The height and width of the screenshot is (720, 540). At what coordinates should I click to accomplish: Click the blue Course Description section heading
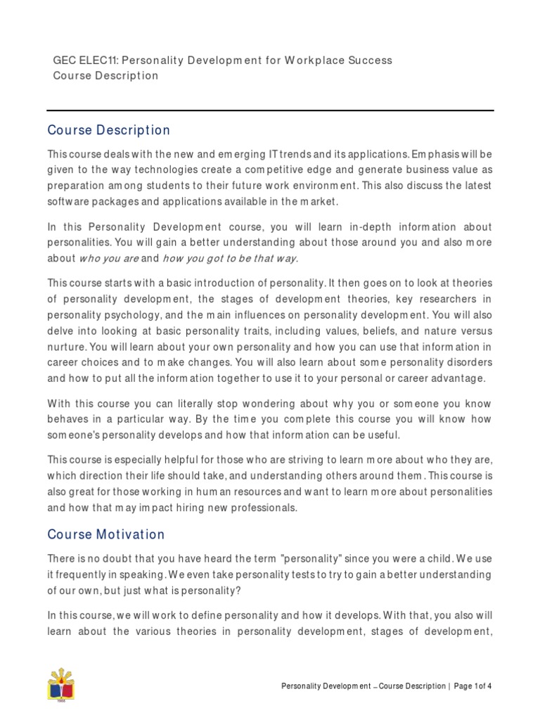click(108, 131)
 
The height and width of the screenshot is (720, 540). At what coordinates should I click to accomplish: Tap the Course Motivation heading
click(105, 534)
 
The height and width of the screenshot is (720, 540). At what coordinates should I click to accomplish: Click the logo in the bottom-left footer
click(61, 685)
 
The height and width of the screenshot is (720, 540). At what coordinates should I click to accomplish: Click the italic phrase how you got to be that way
click(231, 258)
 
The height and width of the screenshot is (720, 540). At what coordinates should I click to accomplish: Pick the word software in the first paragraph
click(69, 202)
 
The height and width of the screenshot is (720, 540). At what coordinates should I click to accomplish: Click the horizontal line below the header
click(270, 110)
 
